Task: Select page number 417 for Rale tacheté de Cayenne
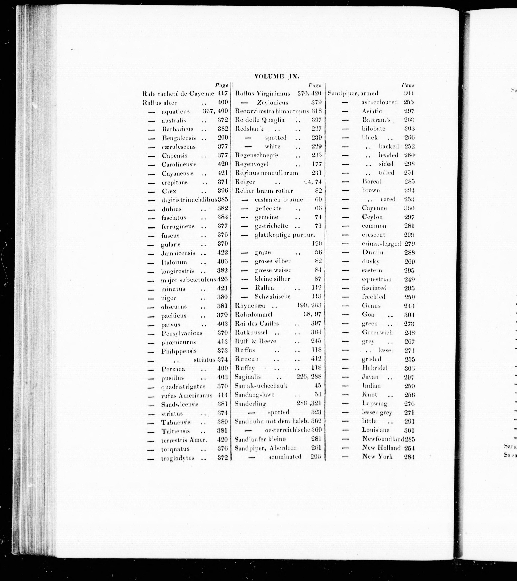pyautogui.click(x=223, y=93)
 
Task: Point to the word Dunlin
pyautogui.click(x=373, y=252)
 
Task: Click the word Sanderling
pyautogui.click(x=250, y=403)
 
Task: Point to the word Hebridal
pyautogui.click(x=375, y=368)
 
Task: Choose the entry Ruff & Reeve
pyautogui.click(x=255, y=341)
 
